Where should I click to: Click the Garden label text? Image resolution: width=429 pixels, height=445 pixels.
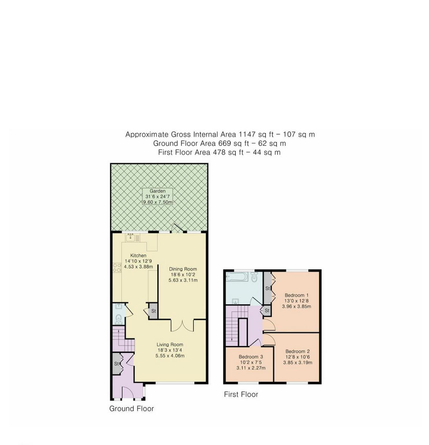pos(157,191)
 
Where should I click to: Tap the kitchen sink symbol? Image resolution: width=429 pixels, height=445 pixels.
pos(130,238)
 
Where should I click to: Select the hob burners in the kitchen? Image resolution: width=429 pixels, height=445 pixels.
pos(117,268)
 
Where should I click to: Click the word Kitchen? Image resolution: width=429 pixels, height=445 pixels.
pos(138,256)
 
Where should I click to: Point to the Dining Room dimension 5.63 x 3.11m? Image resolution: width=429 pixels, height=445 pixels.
pos(183,280)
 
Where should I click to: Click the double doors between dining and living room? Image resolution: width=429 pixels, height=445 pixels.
pos(182,325)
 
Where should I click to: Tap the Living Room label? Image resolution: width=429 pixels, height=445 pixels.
pos(170,345)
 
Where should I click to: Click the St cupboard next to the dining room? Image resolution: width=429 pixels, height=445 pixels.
pos(153,311)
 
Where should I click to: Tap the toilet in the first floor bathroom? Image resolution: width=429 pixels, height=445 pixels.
pos(254,277)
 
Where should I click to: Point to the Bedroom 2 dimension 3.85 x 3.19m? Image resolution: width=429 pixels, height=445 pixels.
pos(298,363)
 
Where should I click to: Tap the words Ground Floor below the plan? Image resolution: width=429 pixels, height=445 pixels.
pos(131,409)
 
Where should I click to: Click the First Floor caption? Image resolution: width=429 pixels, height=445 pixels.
pos(241,395)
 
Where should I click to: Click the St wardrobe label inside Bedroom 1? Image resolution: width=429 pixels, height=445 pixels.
pos(267,288)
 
